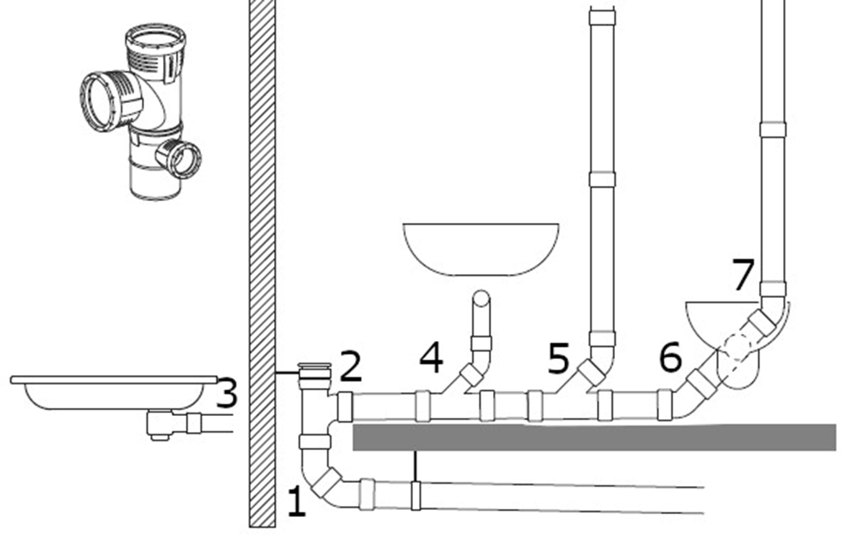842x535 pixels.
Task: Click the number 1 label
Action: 297,502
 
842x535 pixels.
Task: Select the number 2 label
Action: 350,366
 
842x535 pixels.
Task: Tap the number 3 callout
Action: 226,394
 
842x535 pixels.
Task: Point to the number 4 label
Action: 431,358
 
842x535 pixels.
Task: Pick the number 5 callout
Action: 559,358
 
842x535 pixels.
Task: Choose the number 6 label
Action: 670,358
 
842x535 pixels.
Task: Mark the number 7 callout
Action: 743,275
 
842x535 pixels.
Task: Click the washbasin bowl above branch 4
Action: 480,249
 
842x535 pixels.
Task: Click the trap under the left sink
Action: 159,425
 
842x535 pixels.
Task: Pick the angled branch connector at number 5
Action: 591,372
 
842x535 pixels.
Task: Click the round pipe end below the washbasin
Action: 481,298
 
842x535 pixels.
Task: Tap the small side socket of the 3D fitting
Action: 179,158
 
